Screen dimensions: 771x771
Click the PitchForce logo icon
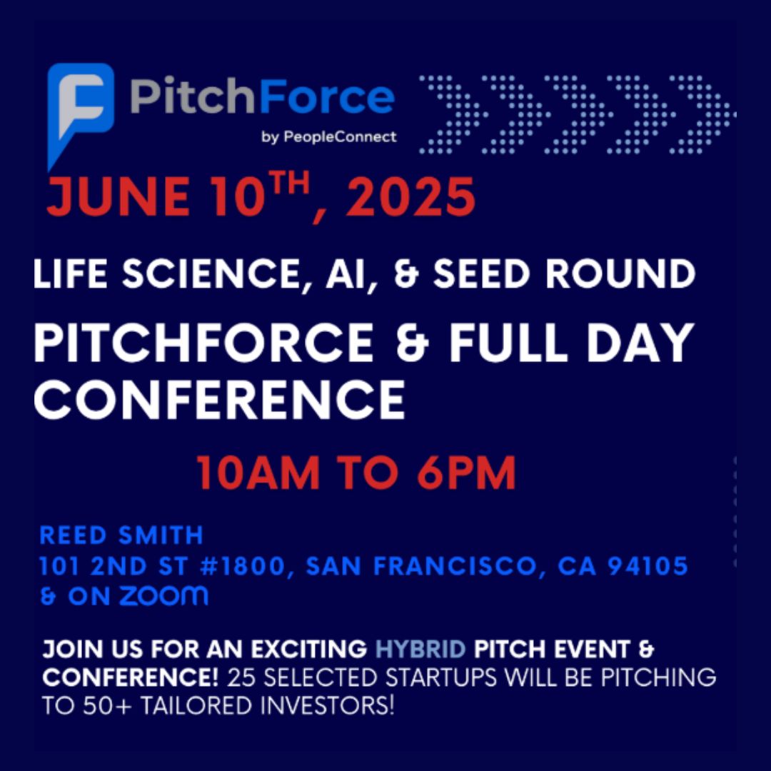click(80, 107)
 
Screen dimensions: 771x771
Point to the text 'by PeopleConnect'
click(329, 136)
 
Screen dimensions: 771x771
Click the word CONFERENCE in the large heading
click(219, 400)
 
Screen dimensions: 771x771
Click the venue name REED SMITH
click(121, 535)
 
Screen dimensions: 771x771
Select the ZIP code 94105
click(645, 567)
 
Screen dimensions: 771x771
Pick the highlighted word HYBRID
click(422, 650)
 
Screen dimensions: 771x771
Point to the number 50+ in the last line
click(96, 705)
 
